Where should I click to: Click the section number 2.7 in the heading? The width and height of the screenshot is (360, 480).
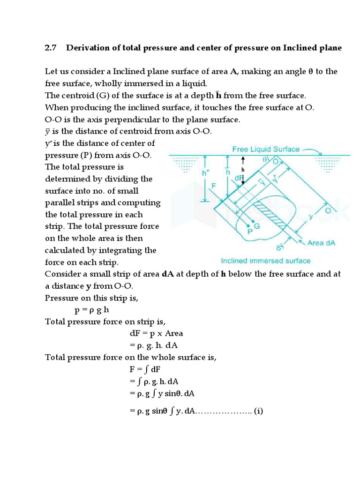tap(51, 48)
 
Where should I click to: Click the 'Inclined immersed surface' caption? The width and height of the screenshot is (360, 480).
tap(265, 261)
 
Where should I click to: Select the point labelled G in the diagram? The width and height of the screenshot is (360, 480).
tap(257, 225)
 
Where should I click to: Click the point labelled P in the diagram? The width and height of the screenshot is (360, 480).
tap(250, 231)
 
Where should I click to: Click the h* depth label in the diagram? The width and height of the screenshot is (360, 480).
tap(205, 172)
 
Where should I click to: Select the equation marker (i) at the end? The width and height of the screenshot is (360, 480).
tap(258, 412)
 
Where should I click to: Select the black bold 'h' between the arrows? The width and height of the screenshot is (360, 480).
tap(243, 169)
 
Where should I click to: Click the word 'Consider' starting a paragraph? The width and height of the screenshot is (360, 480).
tap(61, 274)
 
